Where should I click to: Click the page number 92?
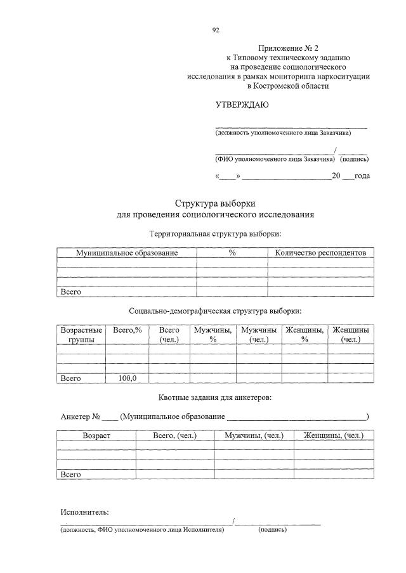click(216, 30)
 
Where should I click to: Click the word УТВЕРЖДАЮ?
click(242, 105)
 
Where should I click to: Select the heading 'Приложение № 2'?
click(284, 49)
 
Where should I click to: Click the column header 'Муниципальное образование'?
click(127, 253)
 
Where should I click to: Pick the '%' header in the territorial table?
click(232, 253)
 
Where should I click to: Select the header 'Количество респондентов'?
click(320, 253)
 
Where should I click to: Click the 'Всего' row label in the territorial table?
click(70, 292)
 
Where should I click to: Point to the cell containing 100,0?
click(127, 378)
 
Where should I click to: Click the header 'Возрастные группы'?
click(81, 335)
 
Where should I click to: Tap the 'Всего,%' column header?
click(127, 330)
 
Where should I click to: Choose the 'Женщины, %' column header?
click(304, 335)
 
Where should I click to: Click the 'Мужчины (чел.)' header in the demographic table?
click(259, 335)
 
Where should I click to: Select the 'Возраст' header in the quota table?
click(96, 435)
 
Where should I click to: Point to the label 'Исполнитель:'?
click(84, 512)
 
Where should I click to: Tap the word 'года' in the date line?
click(362, 176)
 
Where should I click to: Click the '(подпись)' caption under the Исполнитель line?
click(272, 529)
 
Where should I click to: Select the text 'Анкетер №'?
click(81, 416)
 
